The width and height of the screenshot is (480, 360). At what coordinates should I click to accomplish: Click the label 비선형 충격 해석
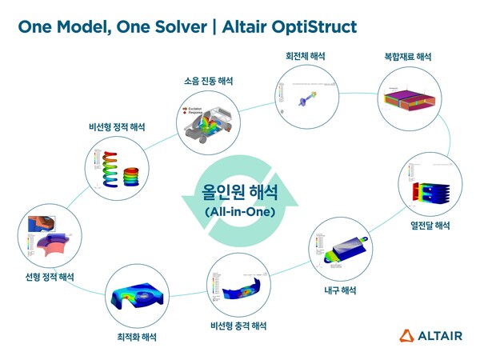coord(238,326)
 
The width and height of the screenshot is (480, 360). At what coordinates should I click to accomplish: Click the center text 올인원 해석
coord(239,194)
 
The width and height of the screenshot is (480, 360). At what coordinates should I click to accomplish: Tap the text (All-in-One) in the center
coord(239,212)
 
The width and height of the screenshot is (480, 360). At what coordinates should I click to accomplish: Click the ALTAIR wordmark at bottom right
coord(442,335)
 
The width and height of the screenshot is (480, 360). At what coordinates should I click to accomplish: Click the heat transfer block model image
coord(429,186)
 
